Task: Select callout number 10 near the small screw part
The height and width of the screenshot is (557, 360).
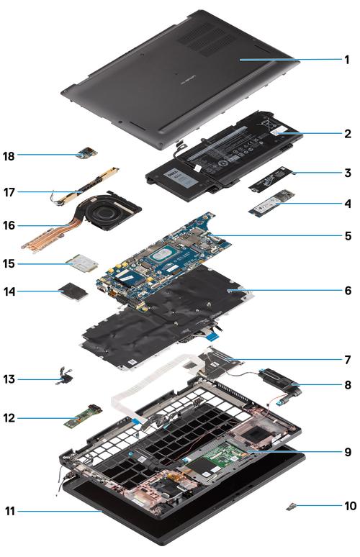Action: click(348, 506)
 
